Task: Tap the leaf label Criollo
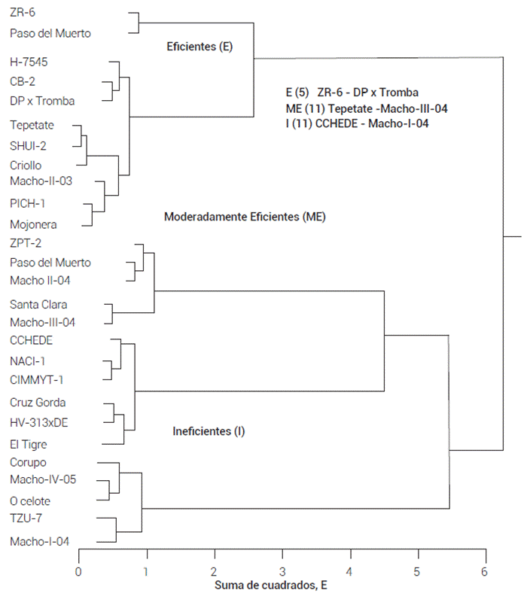pyautogui.click(x=26, y=165)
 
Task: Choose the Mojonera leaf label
pyautogui.click(x=33, y=224)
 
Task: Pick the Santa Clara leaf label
pyautogui.click(x=38, y=304)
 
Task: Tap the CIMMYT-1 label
pyautogui.click(x=36, y=379)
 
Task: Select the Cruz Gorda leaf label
pyautogui.click(x=38, y=402)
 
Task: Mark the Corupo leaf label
pyautogui.click(x=29, y=462)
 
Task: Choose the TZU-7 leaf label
pyautogui.click(x=26, y=518)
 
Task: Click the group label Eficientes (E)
pyautogui.click(x=200, y=47)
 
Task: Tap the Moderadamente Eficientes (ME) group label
pyautogui.click(x=245, y=217)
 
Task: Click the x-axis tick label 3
pyautogui.click(x=282, y=570)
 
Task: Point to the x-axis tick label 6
pyautogui.click(x=485, y=570)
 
